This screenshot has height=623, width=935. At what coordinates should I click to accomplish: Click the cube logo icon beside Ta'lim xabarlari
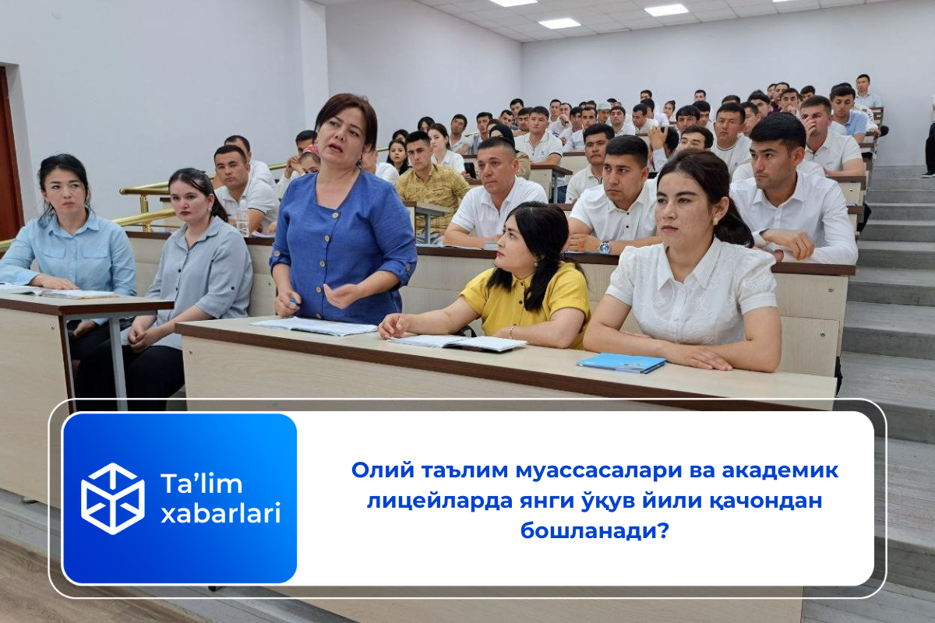(113, 498)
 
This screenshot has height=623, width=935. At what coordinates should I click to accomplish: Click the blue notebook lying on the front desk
(621, 362)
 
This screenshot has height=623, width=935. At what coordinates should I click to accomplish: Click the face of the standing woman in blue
(343, 132)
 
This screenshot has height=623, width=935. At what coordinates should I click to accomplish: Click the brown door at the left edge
(9, 156)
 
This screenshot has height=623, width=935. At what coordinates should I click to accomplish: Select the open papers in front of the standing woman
(316, 326)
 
